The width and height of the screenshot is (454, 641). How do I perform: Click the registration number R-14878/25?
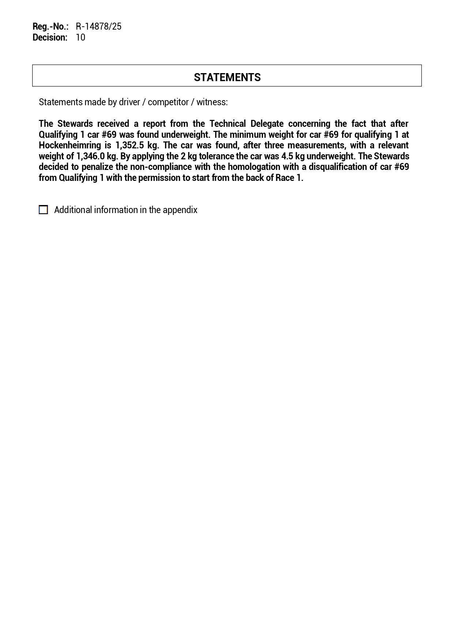coord(98,27)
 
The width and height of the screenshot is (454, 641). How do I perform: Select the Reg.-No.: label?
coord(50,27)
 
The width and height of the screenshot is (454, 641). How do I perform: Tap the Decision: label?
coord(50,37)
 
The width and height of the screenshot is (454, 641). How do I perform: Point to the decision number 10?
coord(80,37)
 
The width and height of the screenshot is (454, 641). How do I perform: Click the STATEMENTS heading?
coord(227,77)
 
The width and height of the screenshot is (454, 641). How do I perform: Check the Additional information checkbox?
coord(44,210)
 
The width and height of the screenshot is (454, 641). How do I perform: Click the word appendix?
coord(180,210)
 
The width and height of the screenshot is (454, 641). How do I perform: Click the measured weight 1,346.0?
coord(90,156)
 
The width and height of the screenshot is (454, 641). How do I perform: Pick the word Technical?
coord(228,124)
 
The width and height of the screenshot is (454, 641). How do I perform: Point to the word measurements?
coord(316,145)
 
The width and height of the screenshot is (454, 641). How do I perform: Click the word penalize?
coord(97,167)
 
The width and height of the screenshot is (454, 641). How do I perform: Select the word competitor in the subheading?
coord(168,102)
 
